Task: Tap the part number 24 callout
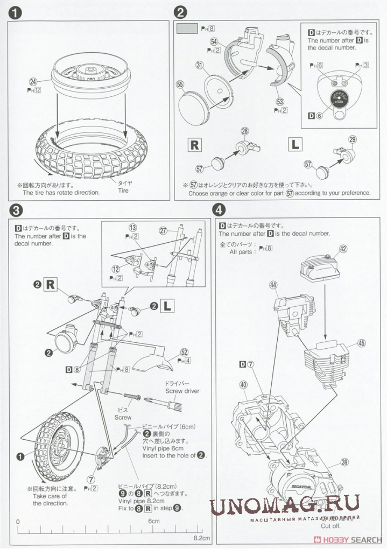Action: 33,82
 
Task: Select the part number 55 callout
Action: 180,85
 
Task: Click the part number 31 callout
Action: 199,65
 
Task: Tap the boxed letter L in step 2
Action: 295,144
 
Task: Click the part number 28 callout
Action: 245,131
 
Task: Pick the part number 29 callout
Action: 353,139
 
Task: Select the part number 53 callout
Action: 279,101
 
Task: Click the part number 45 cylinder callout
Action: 361,343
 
